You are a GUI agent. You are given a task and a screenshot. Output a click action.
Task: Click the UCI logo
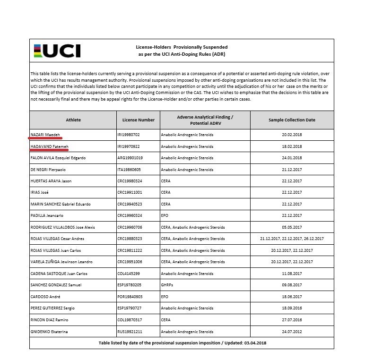pyautogui.click(x=57, y=51)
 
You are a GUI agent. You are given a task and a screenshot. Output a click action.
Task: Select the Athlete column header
pyautogui.click(x=73, y=120)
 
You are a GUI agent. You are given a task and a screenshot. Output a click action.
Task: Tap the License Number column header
pyautogui.click(x=139, y=120)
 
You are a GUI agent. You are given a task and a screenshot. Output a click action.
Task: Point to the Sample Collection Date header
pyautogui.click(x=292, y=120)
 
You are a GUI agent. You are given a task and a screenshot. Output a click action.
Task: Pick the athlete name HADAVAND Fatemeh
pyautogui.click(x=50, y=146)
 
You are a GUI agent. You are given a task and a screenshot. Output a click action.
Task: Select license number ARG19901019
pyautogui.click(x=130, y=158)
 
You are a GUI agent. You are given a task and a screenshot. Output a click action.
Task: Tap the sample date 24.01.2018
pyautogui.click(x=292, y=158)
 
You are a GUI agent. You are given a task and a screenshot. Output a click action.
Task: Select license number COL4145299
pyautogui.click(x=129, y=274)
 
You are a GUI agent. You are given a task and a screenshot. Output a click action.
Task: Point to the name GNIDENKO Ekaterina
pyautogui.click(x=49, y=331)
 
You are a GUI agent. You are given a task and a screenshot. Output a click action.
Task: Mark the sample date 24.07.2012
pyautogui.click(x=292, y=331)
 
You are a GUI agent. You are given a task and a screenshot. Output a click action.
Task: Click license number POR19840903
pyautogui.click(x=130, y=296)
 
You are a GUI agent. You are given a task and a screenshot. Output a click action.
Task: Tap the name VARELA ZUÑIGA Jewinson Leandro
pyautogui.click(x=61, y=262)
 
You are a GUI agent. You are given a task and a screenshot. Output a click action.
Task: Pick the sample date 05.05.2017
pyautogui.click(x=292, y=227)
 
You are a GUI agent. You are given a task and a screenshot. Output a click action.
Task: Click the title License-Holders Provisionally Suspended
pyautogui.click(x=182, y=47)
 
